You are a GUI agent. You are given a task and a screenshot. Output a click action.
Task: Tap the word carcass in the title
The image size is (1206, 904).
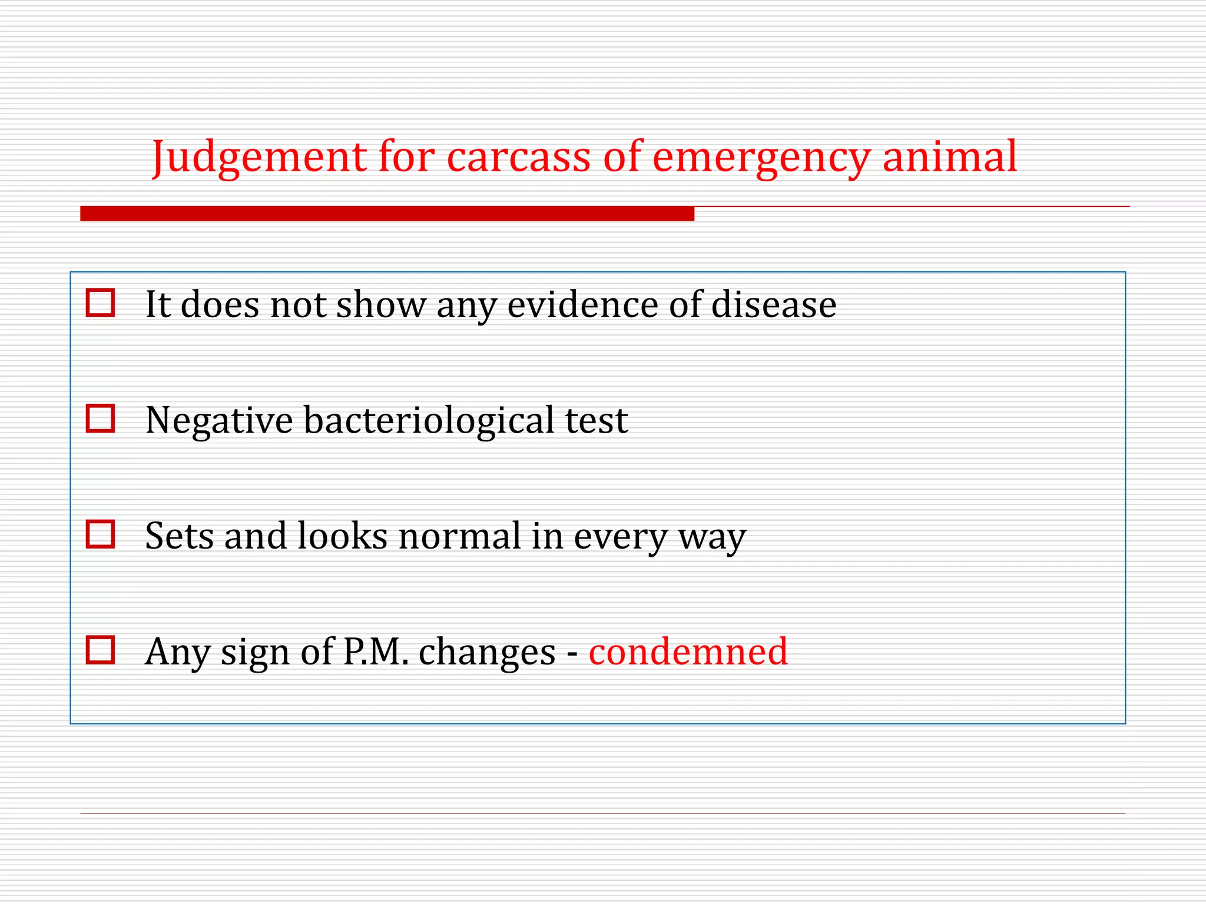click(x=518, y=157)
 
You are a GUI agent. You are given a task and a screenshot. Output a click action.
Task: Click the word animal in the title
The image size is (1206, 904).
click(x=949, y=157)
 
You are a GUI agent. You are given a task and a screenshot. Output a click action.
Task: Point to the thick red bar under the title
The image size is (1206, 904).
click(x=387, y=214)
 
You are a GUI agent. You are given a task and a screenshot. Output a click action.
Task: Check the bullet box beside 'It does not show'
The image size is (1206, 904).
click(x=100, y=303)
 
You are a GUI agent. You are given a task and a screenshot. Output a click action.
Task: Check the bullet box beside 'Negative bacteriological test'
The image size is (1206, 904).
click(x=100, y=418)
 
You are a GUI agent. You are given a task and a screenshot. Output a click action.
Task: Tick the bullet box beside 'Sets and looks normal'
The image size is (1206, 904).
click(x=100, y=534)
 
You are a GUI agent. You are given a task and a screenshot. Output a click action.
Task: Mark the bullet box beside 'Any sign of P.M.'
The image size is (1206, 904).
click(x=100, y=650)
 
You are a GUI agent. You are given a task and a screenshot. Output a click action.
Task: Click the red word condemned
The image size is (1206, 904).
click(x=688, y=652)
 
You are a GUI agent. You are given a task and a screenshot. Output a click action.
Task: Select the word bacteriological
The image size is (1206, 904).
click(x=429, y=421)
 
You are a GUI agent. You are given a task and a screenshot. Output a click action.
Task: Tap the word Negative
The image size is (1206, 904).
click(x=219, y=421)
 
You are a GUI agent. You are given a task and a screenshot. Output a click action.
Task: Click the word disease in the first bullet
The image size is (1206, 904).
click(x=774, y=305)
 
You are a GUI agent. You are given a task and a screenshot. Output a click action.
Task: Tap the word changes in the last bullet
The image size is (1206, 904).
click(x=487, y=652)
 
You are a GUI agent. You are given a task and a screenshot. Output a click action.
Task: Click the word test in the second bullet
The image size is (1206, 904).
click(x=596, y=421)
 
